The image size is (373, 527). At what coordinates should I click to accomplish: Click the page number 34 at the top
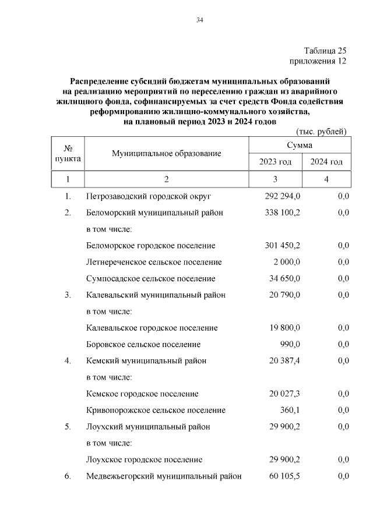pos(199,20)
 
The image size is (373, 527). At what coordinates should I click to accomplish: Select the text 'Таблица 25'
pos(325,51)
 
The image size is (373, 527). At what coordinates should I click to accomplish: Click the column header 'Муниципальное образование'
pos(167,154)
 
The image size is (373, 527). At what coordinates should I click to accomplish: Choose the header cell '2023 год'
pos(275,162)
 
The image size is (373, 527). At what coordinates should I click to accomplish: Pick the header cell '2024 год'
pos(326,162)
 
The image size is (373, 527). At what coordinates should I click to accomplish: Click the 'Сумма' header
pos(300,145)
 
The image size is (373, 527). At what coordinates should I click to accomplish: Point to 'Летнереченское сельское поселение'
pos(154,262)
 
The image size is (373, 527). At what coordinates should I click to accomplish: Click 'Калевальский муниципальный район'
pos(156,295)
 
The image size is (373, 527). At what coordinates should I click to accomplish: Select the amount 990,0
pos(290,345)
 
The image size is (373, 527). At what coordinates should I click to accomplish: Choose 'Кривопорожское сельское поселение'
pos(156,411)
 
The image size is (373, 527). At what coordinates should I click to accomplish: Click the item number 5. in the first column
pos(68,427)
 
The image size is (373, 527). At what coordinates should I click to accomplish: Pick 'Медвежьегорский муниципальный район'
pos(164,476)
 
